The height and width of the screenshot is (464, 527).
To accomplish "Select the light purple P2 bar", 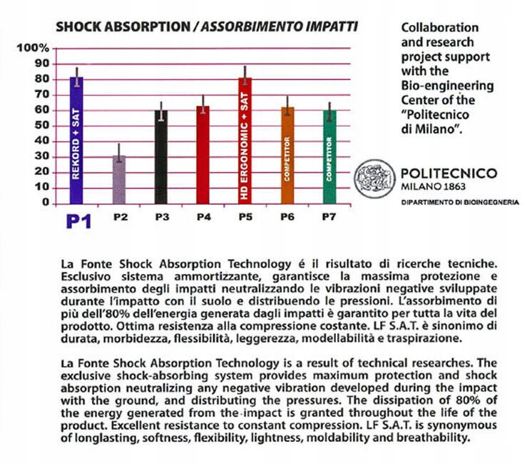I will (x=120, y=178).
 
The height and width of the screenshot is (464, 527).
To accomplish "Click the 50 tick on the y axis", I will (x=42, y=126).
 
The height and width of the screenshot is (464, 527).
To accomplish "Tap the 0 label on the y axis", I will (x=45, y=203).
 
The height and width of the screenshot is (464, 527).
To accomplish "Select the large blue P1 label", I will (x=79, y=221).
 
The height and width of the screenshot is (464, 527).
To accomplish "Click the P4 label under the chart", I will (x=203, y=216).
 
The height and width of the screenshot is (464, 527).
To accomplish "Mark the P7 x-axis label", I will (x=329, y=216).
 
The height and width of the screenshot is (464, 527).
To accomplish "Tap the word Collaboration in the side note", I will (x=440, y=28).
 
